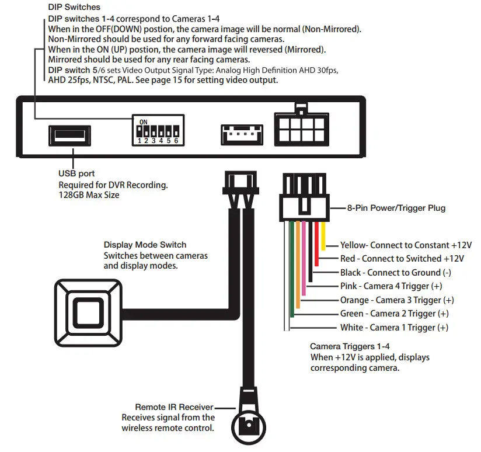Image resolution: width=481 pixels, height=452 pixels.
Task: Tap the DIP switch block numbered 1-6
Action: (156, 131)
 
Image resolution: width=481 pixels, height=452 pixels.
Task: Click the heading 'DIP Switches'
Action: (74, 8)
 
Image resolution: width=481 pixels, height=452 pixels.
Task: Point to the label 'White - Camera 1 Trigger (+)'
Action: (394, 328)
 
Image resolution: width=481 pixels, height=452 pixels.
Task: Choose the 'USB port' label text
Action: (76, 173)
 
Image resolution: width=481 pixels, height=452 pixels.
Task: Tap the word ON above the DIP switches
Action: (144, 121)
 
